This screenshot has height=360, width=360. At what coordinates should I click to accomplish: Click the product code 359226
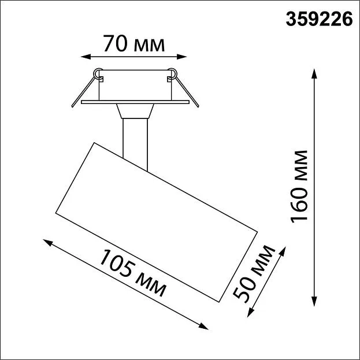319,19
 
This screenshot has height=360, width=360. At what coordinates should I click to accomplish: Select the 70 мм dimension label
134,43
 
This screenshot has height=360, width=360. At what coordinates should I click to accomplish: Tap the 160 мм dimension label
299,187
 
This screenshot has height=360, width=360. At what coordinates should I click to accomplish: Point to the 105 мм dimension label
133,273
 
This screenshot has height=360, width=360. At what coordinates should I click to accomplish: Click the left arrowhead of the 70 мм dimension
86,57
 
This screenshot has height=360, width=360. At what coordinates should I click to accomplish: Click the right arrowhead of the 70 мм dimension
181,57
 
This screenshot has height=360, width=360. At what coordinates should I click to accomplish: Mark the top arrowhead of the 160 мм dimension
314,73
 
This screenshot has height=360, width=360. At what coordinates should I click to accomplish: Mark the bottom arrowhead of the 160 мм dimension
314,301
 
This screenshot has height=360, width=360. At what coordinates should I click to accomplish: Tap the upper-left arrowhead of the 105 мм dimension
48,243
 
